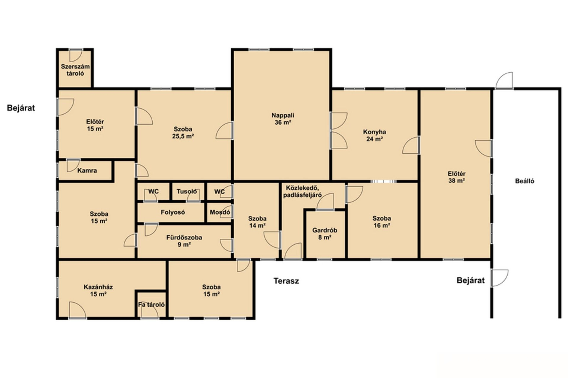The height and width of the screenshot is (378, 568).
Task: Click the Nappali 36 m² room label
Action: [283, 119]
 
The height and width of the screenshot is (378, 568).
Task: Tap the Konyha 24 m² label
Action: [375, 136]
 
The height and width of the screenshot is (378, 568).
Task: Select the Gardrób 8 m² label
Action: [325, 234]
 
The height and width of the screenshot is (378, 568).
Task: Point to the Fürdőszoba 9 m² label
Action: [184, 241]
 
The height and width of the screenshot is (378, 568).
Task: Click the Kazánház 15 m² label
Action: [98, 290]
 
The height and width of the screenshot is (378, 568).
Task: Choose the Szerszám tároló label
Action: [75, 70]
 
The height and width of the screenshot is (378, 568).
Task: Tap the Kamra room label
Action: [87, 171]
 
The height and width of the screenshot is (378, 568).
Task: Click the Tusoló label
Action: [187, 191]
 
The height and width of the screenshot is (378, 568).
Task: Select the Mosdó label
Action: [220, 212]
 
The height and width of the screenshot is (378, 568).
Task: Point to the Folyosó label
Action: [173, 212]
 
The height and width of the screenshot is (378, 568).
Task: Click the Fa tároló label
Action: [151, 304]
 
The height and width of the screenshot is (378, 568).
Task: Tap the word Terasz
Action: [286, 281]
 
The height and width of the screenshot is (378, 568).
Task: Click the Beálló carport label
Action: [525, 181]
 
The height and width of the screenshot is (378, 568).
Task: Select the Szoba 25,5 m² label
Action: [183, 133]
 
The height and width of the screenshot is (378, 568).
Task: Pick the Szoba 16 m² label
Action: [382, 222]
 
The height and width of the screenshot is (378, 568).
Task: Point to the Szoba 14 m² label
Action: [257, 222]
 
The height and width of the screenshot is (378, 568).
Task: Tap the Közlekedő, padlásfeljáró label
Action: [302, 191]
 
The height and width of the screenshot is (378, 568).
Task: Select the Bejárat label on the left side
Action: [21, 108]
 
